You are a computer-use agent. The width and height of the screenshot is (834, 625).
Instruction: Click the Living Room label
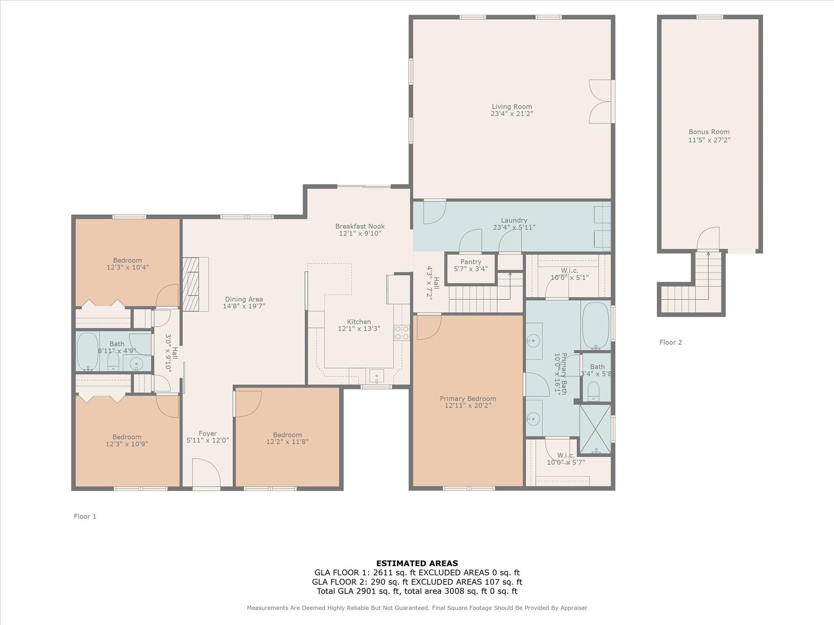tap(511, 107)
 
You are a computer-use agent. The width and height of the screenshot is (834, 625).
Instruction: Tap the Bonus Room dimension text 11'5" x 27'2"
tap(709, 140)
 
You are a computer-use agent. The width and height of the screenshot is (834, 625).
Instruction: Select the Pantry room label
tap(471, 262)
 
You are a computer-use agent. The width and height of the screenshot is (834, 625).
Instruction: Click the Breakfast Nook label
tap(360, 226)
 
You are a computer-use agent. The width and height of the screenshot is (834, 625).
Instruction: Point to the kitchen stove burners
tap(402, 332)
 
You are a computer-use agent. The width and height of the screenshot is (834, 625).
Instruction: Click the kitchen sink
tap(377, 376)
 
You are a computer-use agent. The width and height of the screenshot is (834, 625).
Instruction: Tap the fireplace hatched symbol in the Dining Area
tap(191, 284)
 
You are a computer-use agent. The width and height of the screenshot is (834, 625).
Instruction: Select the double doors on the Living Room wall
tap(600, 101)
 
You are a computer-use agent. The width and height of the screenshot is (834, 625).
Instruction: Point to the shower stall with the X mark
tap(595, 429)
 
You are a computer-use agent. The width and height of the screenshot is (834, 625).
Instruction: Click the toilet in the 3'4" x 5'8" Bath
tap(594, 391)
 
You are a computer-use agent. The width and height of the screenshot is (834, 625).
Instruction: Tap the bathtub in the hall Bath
tap(88, 352)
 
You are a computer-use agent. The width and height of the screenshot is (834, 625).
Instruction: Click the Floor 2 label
tap(671, 343)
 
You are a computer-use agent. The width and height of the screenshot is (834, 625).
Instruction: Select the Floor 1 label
tap(85, 516)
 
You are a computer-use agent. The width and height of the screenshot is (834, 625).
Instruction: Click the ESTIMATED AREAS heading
tap(417, 564)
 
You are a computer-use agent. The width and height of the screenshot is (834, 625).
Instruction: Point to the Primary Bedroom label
tap(468, 399)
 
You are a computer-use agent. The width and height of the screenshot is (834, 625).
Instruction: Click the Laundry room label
tap(514, 221)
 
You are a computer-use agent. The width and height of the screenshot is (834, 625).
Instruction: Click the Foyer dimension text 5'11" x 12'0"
tap(208, 440)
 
